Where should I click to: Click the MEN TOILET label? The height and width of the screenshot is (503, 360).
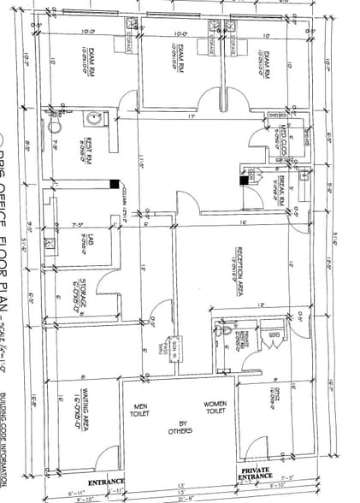[x=138, y=410]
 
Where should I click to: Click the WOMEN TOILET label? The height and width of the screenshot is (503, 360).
[x=214, y=407]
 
